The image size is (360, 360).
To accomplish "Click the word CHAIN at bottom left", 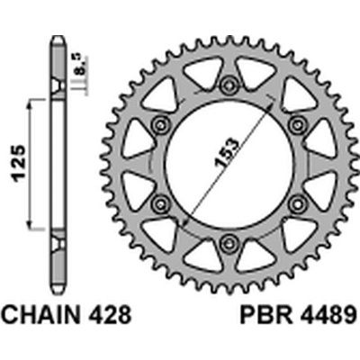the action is [41, 313].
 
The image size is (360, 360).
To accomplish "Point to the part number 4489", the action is [327, 313].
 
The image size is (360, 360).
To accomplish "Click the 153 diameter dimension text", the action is [227, 153].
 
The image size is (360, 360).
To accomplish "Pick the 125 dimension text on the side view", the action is [19, 164].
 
